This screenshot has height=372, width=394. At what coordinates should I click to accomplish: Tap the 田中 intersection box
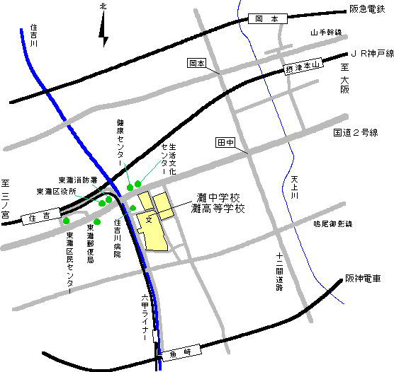225,143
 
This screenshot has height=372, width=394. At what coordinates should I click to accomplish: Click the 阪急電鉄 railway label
369,10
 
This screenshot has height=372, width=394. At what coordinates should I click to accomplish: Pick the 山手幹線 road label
325,33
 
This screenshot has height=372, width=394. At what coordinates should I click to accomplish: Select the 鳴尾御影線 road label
333,223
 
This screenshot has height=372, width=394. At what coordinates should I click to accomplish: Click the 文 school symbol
149,220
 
